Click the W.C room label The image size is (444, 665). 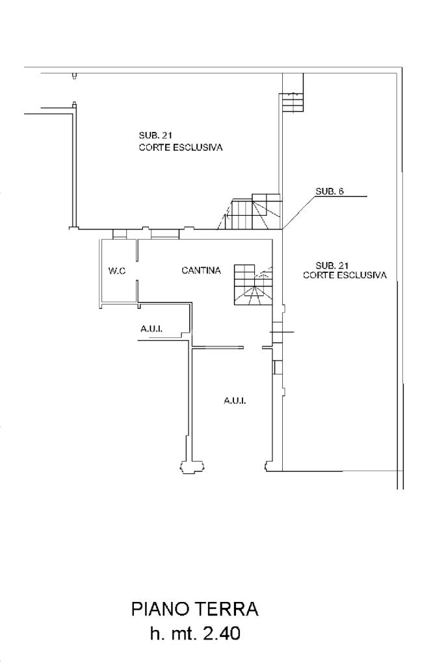117,271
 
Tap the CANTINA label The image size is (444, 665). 201,270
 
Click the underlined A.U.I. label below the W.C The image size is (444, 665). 151,330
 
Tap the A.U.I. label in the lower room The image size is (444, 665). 235,401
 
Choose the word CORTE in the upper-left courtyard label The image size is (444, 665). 152,148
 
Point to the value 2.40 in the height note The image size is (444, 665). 222,633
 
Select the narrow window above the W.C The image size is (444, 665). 120,234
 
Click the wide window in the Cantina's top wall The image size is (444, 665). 164,234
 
